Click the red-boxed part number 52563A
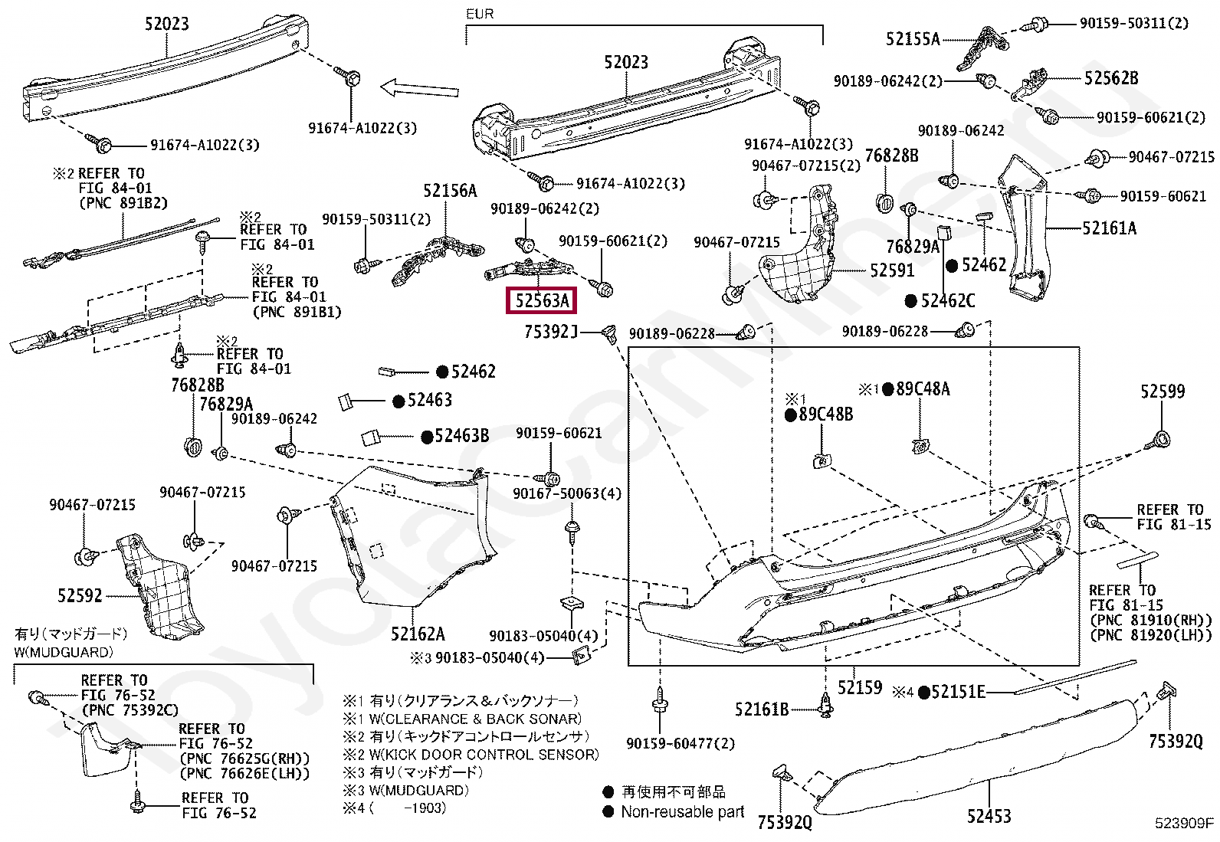click(x=541, y=300)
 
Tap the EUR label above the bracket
click(x=479, y=14)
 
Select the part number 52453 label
click(x=988, y=817)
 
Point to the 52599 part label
click(x=1162, y=392)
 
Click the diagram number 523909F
click(x=1185, y=824)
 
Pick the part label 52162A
click(x=417, y=634)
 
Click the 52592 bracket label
click(x=79, y=595)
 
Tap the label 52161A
click(x=1109, y=228)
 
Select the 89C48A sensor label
click(x=923, y=389)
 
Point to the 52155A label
click(x=912, y=38)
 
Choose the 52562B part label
click(x=1111, y=78)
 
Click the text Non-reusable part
click(x=682, y=811)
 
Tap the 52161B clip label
click(x=761, y=709)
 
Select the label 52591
click(x=892, y=270)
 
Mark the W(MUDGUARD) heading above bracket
click(x=64, y=652)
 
